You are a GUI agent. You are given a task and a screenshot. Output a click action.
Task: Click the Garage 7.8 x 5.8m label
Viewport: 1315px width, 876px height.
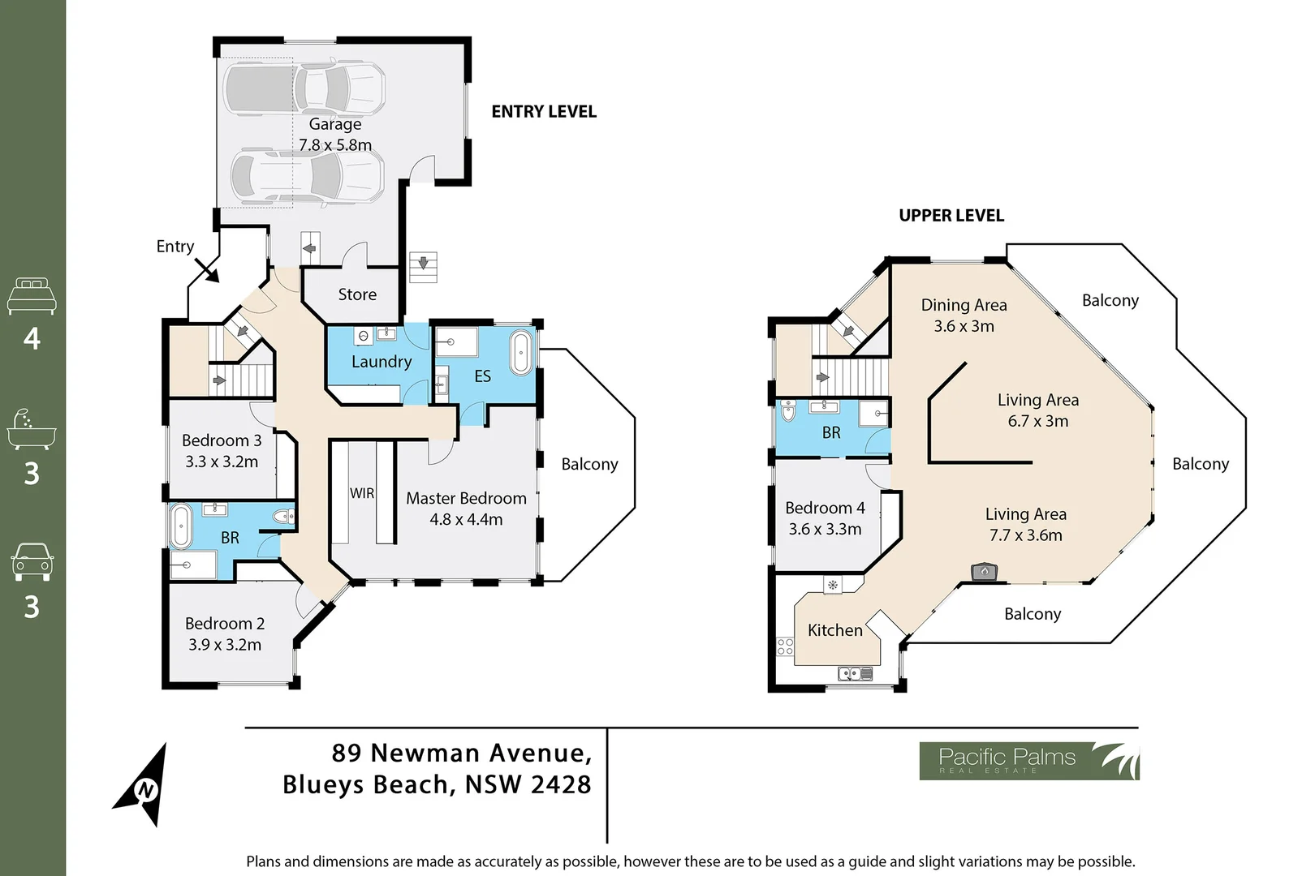335,135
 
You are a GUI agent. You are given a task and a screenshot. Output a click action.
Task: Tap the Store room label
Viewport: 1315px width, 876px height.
357,294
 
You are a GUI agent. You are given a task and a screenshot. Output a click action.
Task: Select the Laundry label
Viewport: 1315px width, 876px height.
382,362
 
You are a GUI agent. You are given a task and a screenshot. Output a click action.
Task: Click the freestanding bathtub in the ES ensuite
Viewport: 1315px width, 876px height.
522,354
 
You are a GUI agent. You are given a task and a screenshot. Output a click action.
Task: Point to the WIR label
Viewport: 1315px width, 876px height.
362,493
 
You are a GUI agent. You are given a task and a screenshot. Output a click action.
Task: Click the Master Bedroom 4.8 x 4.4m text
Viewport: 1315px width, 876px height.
466,509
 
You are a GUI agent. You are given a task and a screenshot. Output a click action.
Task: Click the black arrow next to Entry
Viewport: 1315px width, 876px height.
207,271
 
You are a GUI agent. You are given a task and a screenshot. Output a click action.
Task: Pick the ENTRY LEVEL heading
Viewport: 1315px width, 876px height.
544,112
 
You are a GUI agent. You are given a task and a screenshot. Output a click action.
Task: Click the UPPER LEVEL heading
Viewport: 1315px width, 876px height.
951,216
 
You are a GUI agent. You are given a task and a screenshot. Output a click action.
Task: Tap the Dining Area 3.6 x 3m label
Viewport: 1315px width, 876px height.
964,316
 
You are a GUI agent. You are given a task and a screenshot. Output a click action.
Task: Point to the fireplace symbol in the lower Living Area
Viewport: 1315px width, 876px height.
984,572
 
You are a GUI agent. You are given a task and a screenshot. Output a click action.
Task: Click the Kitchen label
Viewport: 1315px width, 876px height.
834,630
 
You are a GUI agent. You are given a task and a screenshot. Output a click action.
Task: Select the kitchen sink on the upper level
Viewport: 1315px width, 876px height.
855,673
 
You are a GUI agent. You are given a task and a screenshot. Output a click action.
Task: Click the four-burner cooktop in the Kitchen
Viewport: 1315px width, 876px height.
785,646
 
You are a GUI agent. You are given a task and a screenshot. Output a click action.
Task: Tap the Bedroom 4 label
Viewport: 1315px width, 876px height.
825,518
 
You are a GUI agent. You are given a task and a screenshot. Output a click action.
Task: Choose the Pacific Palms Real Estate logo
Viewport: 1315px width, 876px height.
1028,761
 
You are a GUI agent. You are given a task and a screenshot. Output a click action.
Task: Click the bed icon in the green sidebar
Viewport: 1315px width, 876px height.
32,296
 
